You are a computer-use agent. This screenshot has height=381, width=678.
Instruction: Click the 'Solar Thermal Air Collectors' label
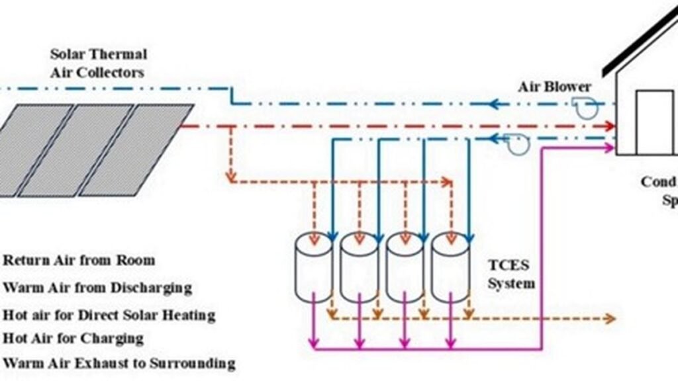pos(98,63)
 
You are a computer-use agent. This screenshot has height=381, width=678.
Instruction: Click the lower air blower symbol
pos(516,144)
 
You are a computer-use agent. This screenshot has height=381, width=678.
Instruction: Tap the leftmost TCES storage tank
pos(313,267)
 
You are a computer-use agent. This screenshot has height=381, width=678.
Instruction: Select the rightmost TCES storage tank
pos(450,267)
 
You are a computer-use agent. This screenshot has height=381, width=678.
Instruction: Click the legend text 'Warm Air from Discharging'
pos(97,288)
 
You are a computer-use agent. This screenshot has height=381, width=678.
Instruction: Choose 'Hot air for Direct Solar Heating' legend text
pos(109,314)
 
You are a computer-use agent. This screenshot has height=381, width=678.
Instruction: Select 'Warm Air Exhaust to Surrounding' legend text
pos(119,363)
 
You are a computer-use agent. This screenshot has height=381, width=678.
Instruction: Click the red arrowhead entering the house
pos(609,126)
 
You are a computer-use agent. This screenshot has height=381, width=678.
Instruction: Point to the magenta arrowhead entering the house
pos(609,148)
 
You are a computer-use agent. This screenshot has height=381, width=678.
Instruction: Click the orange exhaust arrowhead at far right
pos(610,319)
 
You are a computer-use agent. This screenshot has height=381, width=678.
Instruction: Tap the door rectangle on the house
pos(654,122)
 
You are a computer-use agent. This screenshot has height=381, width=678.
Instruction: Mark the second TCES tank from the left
pos(359,267)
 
